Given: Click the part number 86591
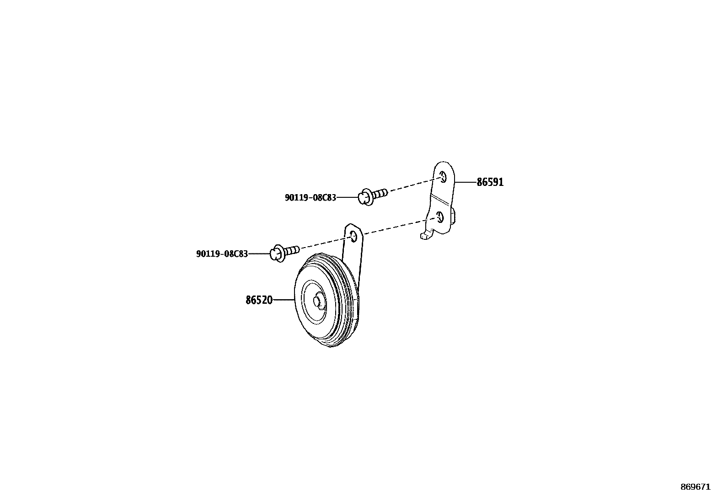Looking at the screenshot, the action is (x=490, y=182).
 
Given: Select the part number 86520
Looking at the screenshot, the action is (x=259, y=300).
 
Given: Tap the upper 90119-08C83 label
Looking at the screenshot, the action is (x=310, y=198).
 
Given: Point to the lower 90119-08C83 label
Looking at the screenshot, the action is (x=222, y=254).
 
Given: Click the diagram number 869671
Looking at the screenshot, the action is (x=696, y=487).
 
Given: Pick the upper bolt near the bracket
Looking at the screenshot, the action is (x=373, y=196).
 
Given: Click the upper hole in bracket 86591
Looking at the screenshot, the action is (x=443, y=178).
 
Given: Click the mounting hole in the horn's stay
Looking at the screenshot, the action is (x=353, y=236).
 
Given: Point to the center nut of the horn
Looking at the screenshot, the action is (x=317, y=301).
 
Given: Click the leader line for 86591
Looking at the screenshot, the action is (x=466, y=182).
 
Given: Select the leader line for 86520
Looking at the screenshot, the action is (x=284, y=300).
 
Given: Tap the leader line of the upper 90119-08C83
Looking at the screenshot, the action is (x=348, y=198).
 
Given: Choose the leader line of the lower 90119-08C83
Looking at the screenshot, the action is (x=259, y=254).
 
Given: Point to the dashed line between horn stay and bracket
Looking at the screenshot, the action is (x=393, y=228).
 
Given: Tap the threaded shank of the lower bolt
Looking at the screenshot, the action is (x=293, y=249).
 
